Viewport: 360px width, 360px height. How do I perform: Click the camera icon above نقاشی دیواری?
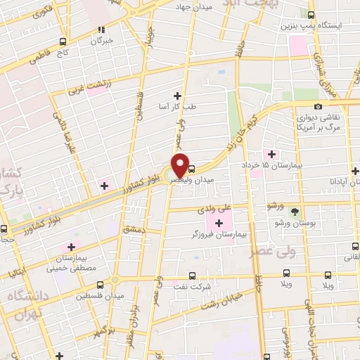coord(318,107)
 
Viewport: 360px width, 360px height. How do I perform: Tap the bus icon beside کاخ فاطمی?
coord(64,41)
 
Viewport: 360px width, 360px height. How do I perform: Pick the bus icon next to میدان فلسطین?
coord(100,285)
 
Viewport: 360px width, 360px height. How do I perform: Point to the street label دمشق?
coord(134,229)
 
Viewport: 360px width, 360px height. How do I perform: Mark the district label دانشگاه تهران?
coord(27,304)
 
